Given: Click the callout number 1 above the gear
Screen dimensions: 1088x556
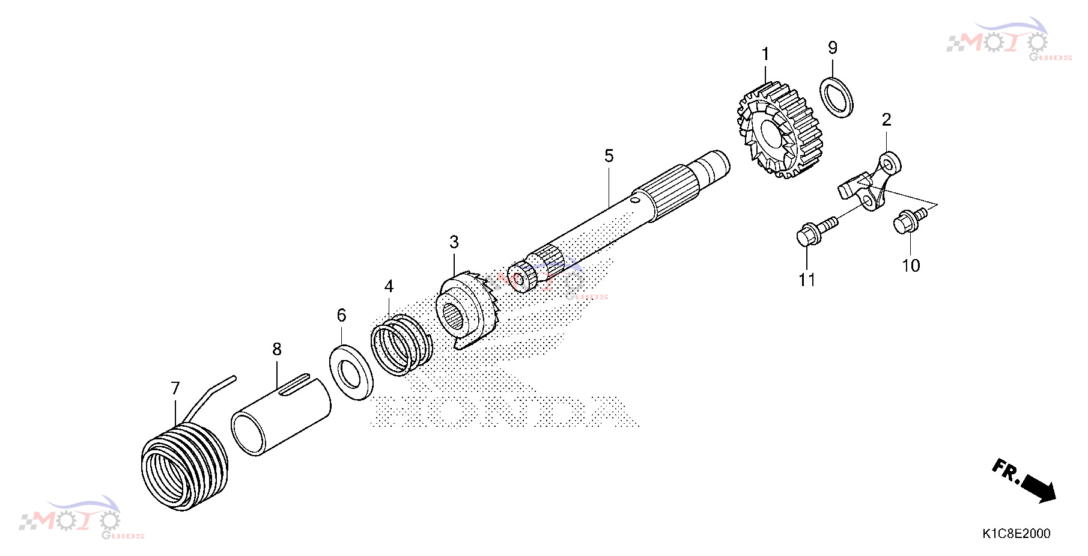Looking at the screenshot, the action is tap(765, 55).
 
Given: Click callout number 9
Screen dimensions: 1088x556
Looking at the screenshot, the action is tap(833, 47).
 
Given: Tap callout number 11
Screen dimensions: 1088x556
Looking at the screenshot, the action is tap(807, 280).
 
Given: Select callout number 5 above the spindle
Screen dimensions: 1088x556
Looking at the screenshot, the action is tap(609, 156).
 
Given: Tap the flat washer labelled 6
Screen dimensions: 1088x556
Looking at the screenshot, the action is tap(351, 373).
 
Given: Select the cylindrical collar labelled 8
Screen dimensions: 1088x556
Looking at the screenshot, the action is tap(281, 414).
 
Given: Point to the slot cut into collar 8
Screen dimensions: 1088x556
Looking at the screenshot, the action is tap(293, 384).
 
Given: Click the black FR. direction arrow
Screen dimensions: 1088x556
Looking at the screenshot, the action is tap(1038, 487).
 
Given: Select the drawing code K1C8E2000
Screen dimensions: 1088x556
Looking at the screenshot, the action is tap(1017, 533).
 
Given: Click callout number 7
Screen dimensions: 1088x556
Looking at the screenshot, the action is tap(175, 388).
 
